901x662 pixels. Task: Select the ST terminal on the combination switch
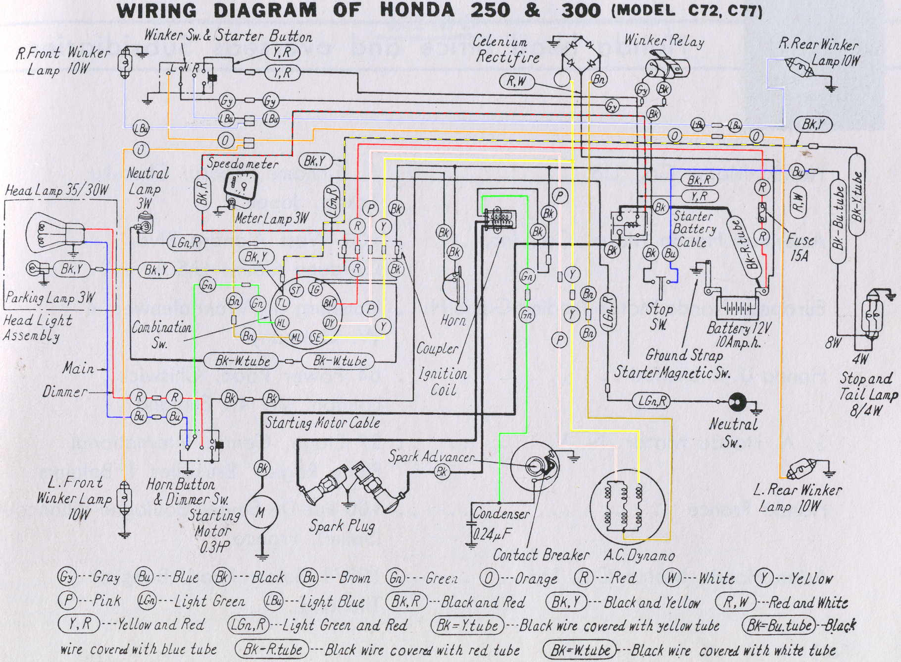(296, 290)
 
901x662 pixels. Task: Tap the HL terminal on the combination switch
(281, 323)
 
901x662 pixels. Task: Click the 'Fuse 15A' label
(800, 247)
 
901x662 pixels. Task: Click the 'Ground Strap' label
(683, 355)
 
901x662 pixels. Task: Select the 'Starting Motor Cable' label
(323, 423)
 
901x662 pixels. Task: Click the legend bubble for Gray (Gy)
(67, 577)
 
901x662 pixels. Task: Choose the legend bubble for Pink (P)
(67, 601)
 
